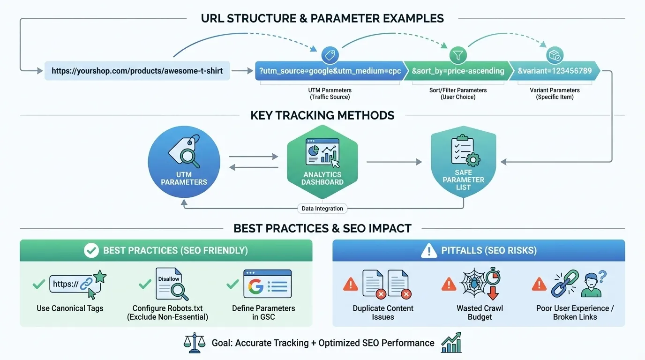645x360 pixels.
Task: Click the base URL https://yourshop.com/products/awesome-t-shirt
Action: [x=137, y=71]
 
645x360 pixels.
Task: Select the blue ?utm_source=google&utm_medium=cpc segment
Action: [x=328, y=71]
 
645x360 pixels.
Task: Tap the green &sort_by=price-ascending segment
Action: [x=457, y=71]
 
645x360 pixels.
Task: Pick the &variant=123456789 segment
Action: [x=554, y=71]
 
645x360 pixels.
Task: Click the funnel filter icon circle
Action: [x=458, y=55]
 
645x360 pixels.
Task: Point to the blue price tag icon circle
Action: [x=330, y=55]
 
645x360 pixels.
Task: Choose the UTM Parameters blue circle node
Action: [x=184, y=160]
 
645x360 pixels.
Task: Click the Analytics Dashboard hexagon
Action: [x=322, y=162]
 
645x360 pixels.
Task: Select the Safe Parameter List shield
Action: [x=463, y=162]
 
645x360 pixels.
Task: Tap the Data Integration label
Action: [x=322, y=209]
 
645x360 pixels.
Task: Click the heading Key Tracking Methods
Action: [x=322, y=115]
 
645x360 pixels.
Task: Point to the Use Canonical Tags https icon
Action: [x=77, y=284]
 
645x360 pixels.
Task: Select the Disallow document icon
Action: [x=171, y=284]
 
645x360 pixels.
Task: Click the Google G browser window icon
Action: [x=267, y=284]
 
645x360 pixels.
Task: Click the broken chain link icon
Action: [x=565, y=284]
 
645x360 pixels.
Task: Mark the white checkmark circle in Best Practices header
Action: [x=91, y=251]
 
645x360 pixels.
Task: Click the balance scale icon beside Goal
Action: [x=194, y=343]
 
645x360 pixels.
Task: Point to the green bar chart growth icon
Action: [x=451, y=343]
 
